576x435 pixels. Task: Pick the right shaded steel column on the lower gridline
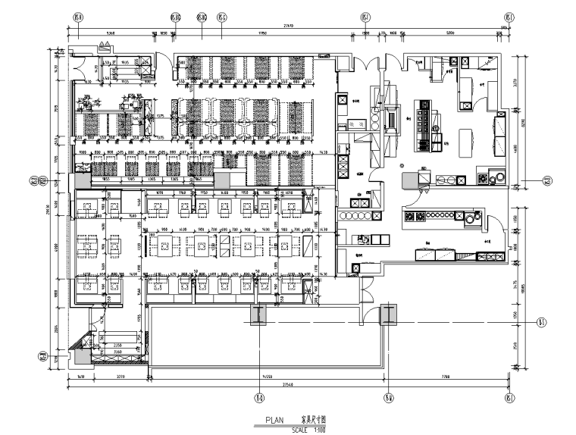pyautogui.click(x=388, y=313)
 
